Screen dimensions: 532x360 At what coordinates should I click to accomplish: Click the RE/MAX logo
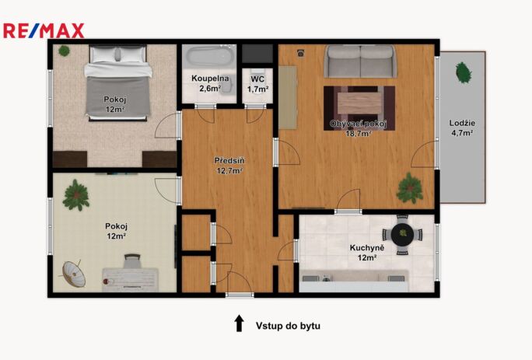[44, 31]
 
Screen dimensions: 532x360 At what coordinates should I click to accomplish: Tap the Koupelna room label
[210, 79]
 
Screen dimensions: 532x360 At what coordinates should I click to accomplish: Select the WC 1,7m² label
[258, 84]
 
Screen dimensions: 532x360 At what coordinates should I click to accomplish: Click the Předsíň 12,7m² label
[229, 166]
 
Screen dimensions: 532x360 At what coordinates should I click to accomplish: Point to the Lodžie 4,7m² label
[462, 128]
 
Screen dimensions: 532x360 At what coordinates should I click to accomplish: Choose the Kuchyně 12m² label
[367, 253]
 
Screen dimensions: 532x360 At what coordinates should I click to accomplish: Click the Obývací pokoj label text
[358, 124]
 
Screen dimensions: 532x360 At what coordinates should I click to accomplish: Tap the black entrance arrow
[240, 323]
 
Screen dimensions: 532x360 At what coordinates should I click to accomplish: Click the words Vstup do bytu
[288, 326]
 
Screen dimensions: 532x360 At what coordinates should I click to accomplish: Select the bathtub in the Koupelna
[210, 56]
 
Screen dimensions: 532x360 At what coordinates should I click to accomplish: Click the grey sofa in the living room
[360, 61]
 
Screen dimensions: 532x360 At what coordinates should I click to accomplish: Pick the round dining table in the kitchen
[402, 234]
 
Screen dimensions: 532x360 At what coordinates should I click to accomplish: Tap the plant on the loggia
[463, 72]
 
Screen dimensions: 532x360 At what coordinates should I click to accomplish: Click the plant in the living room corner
[410, 188]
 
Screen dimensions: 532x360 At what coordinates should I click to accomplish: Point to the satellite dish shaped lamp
[73, 274]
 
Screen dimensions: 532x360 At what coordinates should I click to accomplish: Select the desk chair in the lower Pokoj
[132, 261]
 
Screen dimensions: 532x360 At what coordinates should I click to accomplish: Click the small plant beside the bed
[64, 51]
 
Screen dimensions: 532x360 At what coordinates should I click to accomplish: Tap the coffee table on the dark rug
[359, 103]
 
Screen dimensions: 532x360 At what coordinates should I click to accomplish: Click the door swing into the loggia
[423, 155]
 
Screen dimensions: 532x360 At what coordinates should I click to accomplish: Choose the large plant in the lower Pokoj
[76, 195]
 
